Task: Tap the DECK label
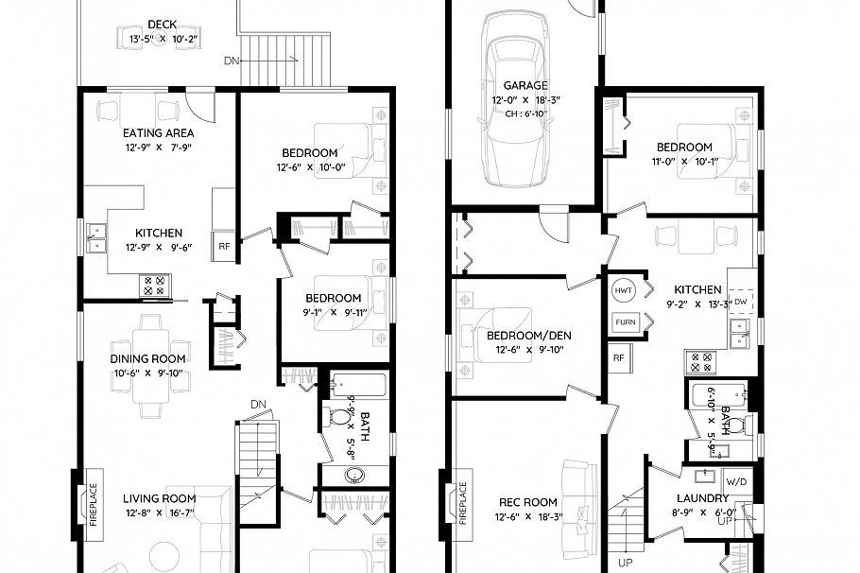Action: point(163,25)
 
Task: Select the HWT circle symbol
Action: point(624,289)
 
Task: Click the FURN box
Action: point(625,321)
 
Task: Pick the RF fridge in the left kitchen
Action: point(224,245)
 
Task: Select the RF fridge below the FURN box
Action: point(618,357)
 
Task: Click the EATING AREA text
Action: point(159,133)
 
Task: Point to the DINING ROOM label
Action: point(147,358)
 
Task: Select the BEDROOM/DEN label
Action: point(528,336)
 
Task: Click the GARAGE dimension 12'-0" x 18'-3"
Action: point(526,99)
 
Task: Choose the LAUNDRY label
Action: point(702,497)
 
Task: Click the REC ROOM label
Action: point(527,502)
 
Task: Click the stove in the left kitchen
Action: point(153,285)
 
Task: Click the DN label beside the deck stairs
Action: point(232,61)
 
